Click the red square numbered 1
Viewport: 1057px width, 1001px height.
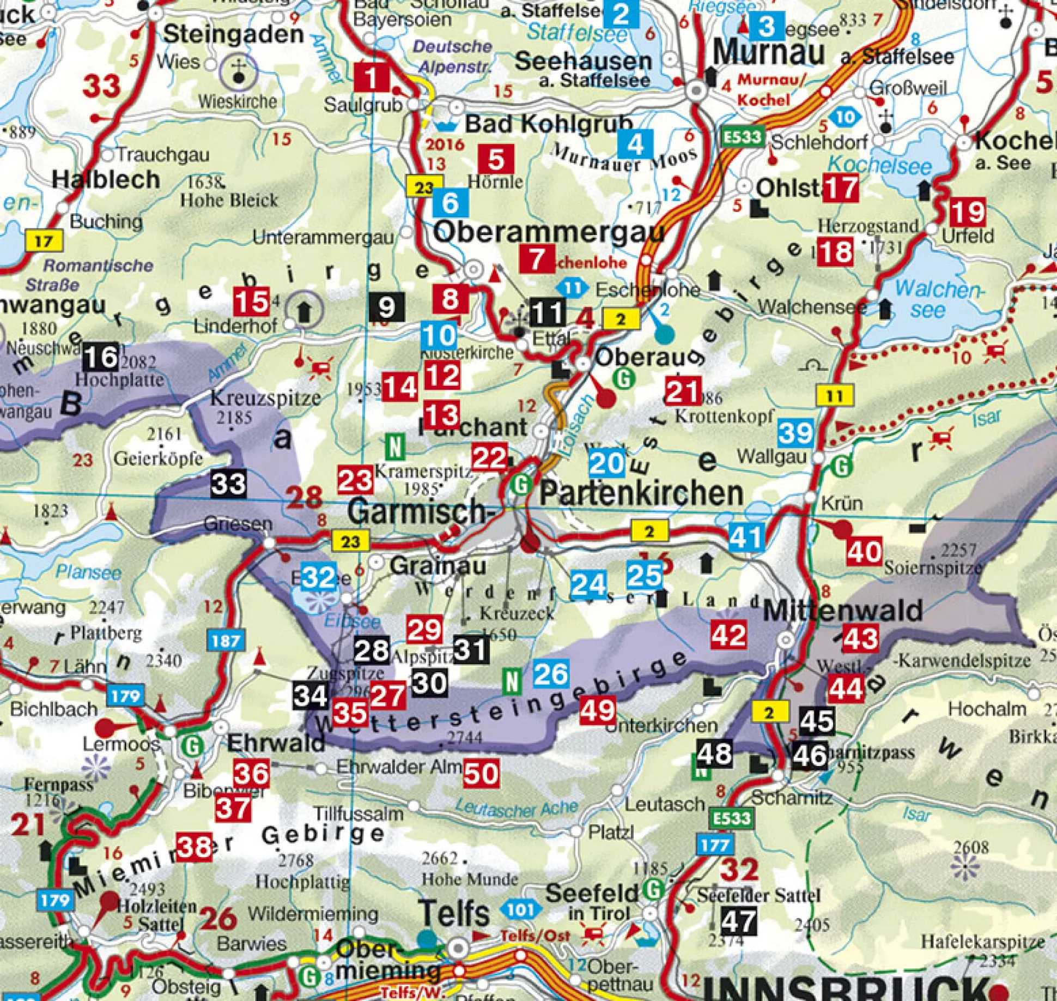[372, 77]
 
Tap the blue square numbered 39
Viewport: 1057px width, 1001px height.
[796, 433]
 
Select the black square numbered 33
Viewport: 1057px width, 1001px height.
[228, 484]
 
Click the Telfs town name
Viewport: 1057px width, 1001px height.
[454, 913]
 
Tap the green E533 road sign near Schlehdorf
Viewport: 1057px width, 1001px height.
[743, 136]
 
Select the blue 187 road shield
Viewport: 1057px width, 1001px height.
[226, 640]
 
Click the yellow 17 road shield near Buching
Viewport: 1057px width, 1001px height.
[44, 241]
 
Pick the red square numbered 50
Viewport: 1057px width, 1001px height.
[481, 773]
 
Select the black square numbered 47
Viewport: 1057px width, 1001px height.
[739, 921]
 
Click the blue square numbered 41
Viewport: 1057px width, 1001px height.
[745, 538]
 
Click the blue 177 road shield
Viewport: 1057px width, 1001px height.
[715, 846]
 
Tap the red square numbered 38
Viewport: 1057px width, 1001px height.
[194, 847]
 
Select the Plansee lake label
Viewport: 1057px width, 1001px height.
[88, 572]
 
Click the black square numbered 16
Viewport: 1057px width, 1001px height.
[101, 358]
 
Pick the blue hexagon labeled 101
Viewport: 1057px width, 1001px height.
[520, 909]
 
